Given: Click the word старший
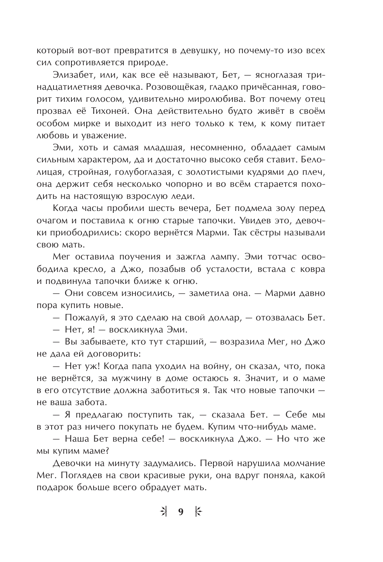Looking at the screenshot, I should click(190, 342).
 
